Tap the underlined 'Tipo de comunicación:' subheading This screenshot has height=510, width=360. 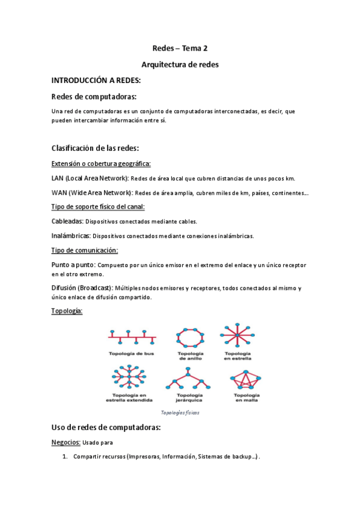[x=85, y=250]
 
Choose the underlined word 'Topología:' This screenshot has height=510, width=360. [x=67, y=311]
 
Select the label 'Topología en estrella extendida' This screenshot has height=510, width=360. [x=129, y=396]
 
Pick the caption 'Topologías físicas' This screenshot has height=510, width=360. [x=180, y=413]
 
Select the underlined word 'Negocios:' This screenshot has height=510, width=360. [x=66, y=443]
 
